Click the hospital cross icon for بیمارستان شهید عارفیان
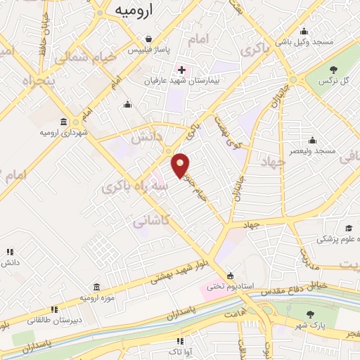[181, 70]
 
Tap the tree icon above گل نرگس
[334, 69]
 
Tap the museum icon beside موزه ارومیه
[96, 287]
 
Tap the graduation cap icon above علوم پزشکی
[349, 228]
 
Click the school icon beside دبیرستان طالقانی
[53, 310]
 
